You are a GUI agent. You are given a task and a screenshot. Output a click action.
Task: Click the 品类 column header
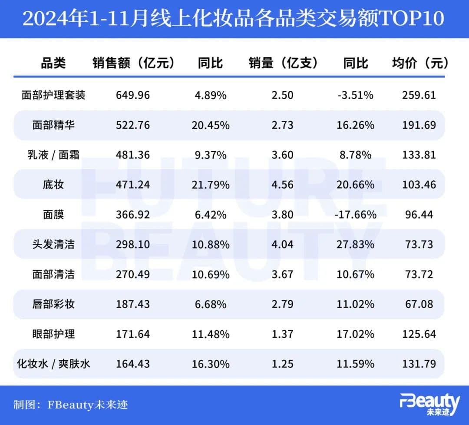point(53,63)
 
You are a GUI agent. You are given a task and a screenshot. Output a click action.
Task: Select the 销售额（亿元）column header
point(133,63)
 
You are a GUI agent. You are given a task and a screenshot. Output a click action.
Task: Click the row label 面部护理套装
point(53,95)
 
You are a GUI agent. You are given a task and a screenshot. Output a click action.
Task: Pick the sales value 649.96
point(133,95)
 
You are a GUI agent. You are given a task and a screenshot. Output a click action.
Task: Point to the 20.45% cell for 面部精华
point(211,125)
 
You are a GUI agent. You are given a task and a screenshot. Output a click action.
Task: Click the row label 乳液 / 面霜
point(53,155)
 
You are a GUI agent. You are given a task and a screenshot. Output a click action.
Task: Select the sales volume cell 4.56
point(283,185)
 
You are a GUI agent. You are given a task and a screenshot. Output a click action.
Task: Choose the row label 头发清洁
point(53,244)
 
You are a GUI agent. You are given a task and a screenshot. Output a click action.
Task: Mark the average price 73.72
point(419,274)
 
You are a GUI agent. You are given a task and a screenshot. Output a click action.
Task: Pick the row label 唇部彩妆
point(53,304)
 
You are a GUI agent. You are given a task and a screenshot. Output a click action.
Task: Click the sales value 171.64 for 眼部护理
point(133,334)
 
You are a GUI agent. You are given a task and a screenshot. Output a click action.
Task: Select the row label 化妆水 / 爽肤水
point(53,363)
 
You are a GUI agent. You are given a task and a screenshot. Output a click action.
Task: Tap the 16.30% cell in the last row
point(211,363)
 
